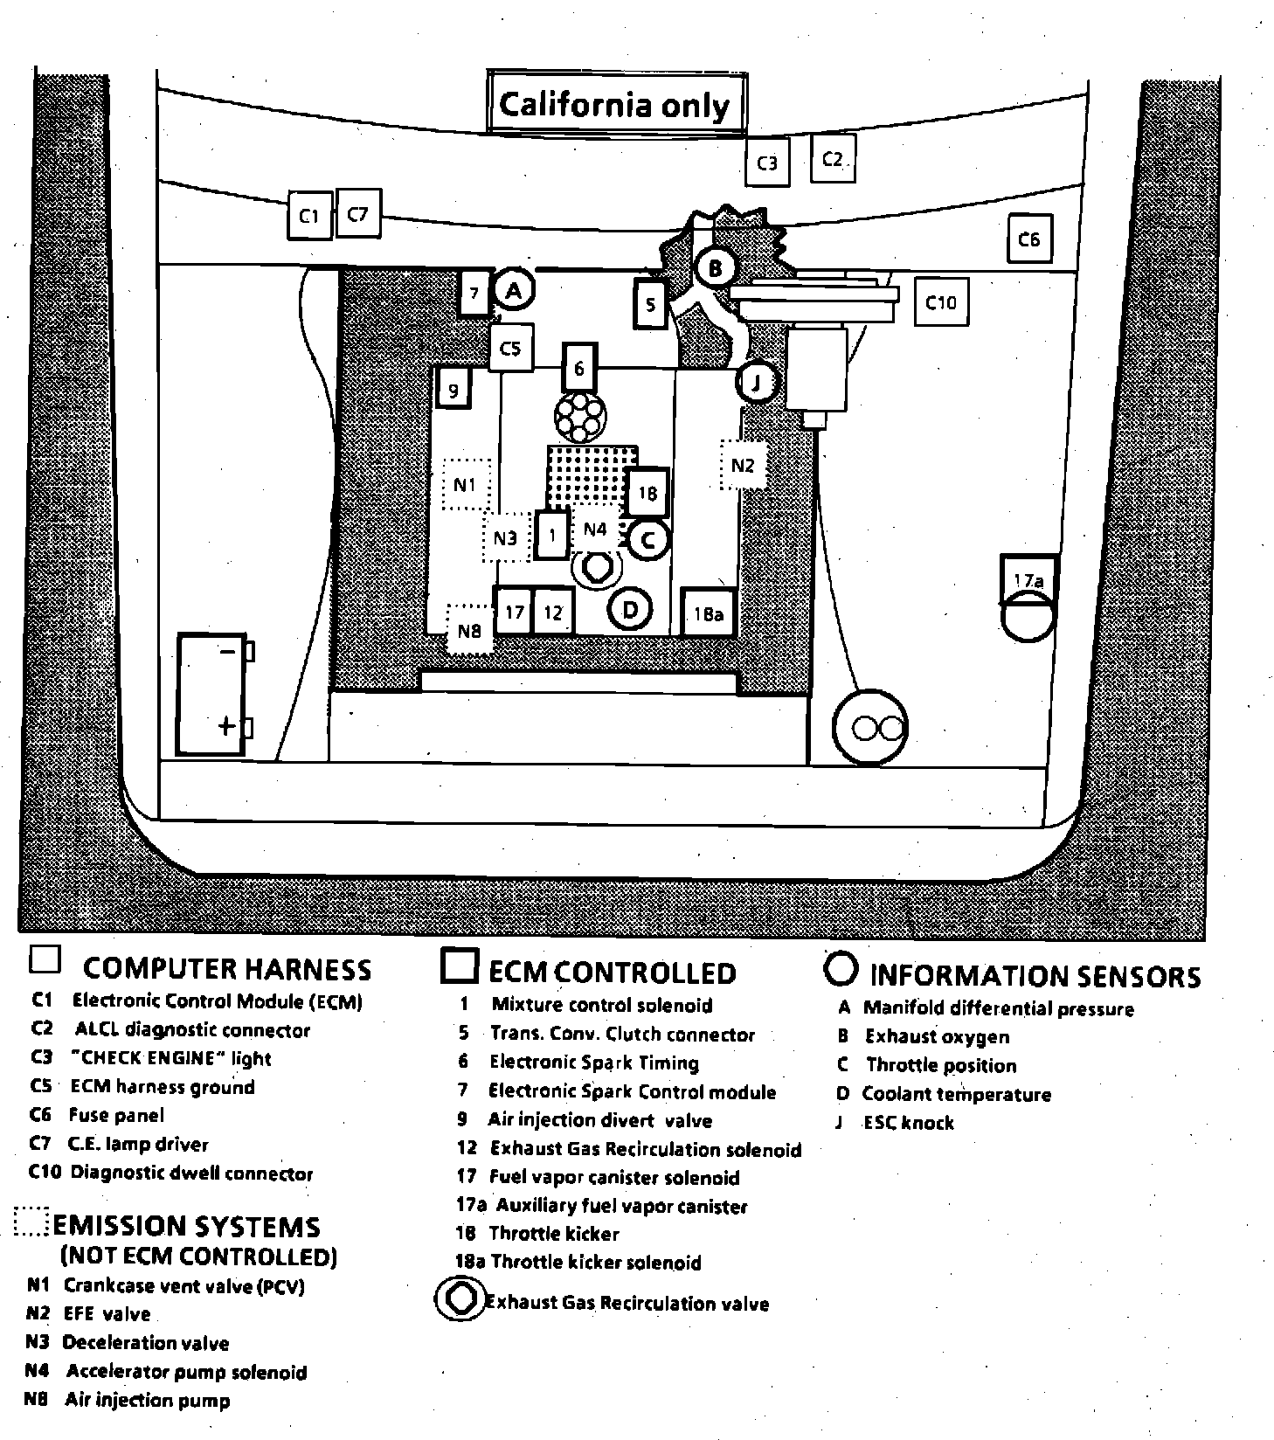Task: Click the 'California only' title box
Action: click(x=615, y=104)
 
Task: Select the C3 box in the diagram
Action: click(x=767, y=163)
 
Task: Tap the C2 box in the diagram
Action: click(x=832, y=158)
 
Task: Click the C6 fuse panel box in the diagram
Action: click(x=1028, y=239)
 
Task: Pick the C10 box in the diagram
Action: click(x=940, y=302)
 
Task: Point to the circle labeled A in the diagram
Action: click(x=514, y=291)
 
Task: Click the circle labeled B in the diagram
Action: click(x=715, y=267)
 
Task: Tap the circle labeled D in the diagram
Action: click(x=630, y=609)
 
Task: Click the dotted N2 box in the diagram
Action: click(x=742, y=465)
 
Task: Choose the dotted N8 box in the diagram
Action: click(x=469, y=629)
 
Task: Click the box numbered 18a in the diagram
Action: click(x=709, y=613)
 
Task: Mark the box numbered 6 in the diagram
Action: click(x=578, y=369)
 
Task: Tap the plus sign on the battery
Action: click(x=226, y=725)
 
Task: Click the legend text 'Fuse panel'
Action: click(x=116, y=1115)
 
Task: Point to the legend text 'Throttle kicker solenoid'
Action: click(x=596, y=1262)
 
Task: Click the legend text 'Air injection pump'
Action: click(x=147, y=1400)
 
